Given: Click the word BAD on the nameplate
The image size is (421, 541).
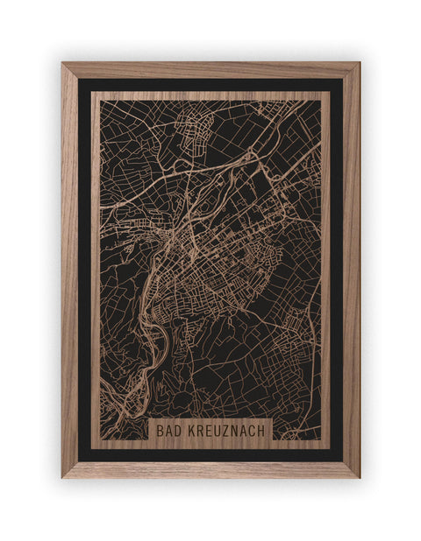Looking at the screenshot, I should [171, 431].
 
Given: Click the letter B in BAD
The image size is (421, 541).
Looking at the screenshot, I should [162, 431].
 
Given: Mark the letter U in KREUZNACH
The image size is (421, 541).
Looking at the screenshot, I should [218, 431].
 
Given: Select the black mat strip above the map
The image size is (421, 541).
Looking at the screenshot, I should [210, 85].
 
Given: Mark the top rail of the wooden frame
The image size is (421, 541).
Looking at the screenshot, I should [210, 70].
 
